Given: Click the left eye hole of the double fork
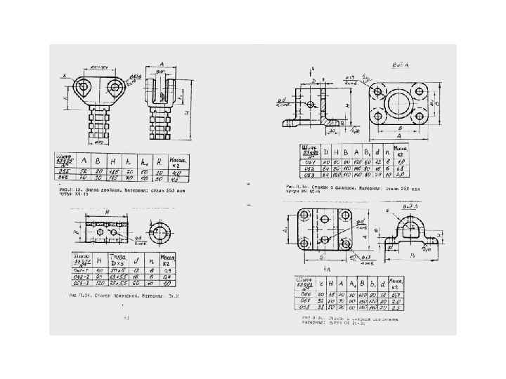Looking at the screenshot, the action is [x=85, y=88].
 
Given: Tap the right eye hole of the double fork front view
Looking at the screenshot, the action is [x=115, y=88].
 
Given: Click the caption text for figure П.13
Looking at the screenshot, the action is [x=112, y=189].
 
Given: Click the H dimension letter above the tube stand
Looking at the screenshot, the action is [x=107, y=211].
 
